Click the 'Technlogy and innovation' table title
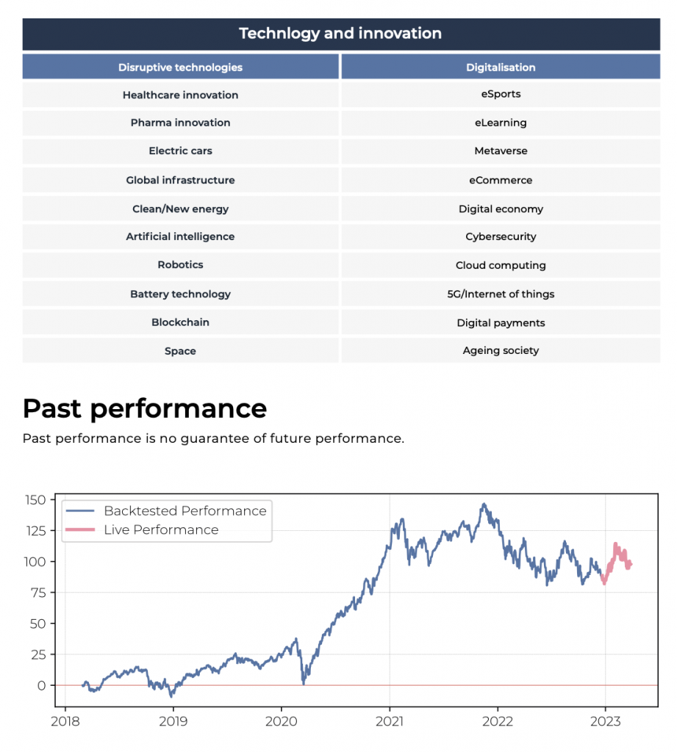[x=340, y=34]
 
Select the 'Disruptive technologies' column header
[x=180, y=68]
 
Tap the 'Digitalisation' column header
[x=501, y=68]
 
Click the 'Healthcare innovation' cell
[x=180, y=95]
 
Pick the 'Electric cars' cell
[x=180, y=151]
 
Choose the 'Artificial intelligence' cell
[x=180, y=236]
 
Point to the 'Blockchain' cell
[x=180, y=322]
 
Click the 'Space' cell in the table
[x=180, y=351]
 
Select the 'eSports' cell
[x=501, y=94]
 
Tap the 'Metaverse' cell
[x=501, y=151]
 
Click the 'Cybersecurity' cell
[x=501, y=236]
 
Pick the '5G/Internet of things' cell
[x=501, y=294]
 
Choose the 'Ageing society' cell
[x=501, y=350]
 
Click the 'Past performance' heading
[x=145, y=408]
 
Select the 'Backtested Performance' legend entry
[x=185, y=510]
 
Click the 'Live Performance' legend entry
[x=161, y=529]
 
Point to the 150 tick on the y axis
[x=35, y=500]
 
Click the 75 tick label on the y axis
[x=38, y=593]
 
